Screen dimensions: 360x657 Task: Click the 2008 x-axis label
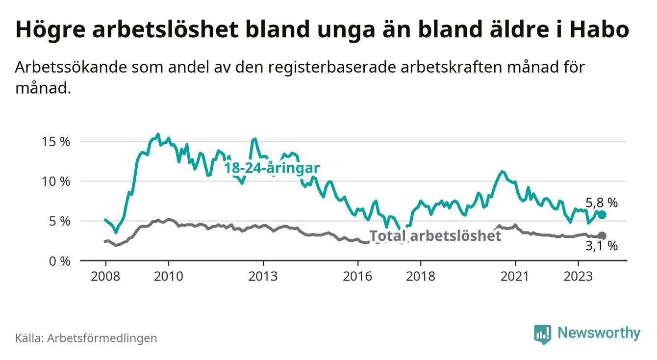tap(105, 276)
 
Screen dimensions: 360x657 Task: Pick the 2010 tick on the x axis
tap(168, 276)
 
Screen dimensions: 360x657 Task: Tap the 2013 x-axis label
tap(263, 276)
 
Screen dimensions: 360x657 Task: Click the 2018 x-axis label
tap(421, 276)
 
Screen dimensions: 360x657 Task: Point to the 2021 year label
tap(515, 276)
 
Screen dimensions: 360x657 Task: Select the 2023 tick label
tap(578, 276)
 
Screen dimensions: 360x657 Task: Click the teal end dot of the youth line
tap(602, 215)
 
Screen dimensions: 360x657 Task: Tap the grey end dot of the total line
tap(602, 236)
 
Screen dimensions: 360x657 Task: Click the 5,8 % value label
tap(602, 202)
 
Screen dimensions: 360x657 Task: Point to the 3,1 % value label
tap(602, 246)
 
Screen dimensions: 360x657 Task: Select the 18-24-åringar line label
tap(272, 168)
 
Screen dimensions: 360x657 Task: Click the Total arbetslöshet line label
tap(435, 236)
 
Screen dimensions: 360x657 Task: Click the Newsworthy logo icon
tap(542, 334)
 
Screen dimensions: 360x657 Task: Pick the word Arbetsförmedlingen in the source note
tap(102, 338)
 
